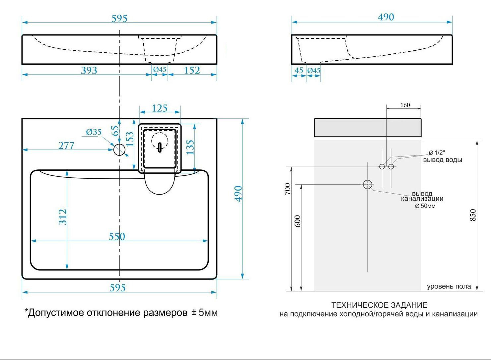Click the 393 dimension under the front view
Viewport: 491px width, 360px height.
coord(89,71)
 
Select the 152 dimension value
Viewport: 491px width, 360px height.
coord(192,71)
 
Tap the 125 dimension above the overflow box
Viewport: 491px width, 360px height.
coord(159,108)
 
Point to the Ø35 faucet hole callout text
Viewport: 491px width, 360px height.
coord(94,132)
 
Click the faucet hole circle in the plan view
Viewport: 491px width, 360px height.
coord(119,150)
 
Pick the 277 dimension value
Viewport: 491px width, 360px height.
coord(66,146)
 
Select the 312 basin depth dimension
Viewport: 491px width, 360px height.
coord(63,217)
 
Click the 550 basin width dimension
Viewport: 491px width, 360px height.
coord(117,236)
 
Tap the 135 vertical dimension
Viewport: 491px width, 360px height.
coord(190,147)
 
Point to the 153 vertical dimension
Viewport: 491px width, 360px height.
coord(130,139)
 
